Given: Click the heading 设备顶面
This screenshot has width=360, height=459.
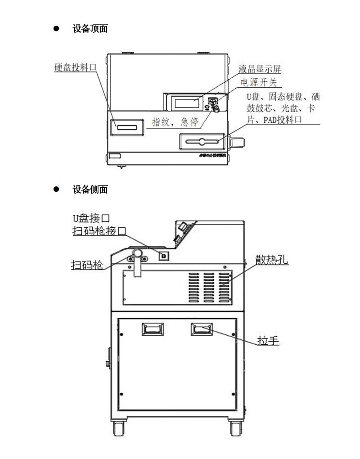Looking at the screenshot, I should [90, 29].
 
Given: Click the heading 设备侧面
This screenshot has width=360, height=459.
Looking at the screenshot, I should [90, 189].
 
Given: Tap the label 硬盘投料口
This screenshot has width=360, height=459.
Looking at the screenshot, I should [76, 67].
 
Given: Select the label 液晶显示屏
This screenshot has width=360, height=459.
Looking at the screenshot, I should [260, 69].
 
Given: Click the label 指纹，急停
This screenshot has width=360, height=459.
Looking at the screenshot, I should [177, 122].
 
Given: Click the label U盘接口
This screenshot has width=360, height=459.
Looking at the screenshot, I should [91, 219].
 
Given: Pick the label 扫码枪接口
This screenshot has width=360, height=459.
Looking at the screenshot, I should [99, 231].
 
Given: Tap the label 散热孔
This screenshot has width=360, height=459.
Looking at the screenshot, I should [272, 260].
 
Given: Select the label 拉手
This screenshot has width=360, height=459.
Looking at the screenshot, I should [269, 340].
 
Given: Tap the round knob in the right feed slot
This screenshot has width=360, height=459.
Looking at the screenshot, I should [202, 142].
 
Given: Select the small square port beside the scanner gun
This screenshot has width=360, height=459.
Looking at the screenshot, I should [164, 256].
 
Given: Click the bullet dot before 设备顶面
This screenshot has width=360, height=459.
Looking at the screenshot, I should [56, 29].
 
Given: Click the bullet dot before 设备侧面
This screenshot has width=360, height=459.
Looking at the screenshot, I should [56, 189].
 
